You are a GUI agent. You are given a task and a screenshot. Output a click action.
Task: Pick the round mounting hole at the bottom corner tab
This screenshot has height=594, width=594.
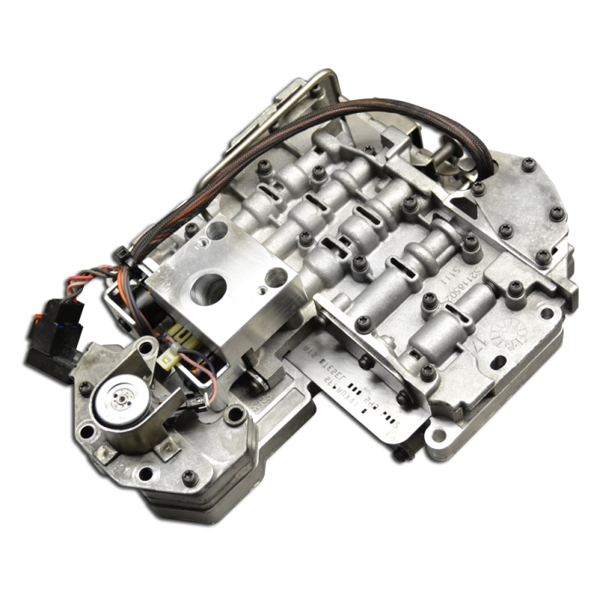click(438, 436)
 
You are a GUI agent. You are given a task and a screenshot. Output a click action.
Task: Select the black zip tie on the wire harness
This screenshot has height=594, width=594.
click(122, 253)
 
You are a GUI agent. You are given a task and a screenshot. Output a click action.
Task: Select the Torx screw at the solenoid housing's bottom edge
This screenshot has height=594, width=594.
click(189, 478)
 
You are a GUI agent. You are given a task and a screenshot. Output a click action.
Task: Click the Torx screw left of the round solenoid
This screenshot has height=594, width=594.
click(85, 389)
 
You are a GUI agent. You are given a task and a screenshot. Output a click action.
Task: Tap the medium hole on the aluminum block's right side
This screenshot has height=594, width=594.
click(277, 277)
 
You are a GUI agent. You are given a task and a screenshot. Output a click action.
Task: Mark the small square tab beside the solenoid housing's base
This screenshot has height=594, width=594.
click(108, 454)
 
